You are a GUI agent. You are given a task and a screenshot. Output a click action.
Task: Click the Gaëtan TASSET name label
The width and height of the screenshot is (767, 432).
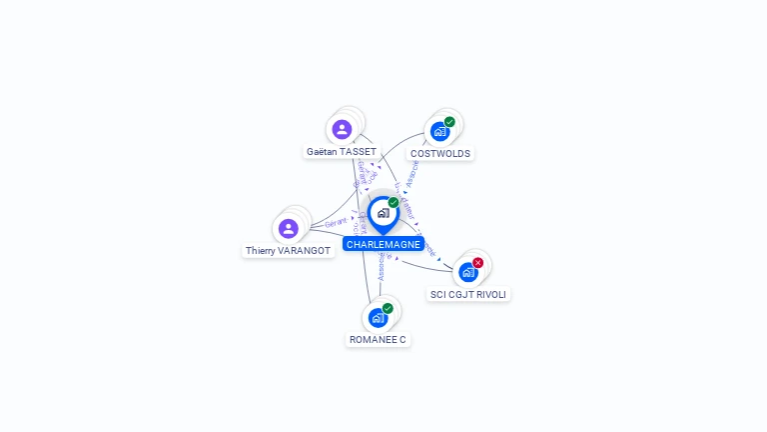tap(342, 152)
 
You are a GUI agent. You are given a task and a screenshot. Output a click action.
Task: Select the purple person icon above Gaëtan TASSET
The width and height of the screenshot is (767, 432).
tap(342, 129)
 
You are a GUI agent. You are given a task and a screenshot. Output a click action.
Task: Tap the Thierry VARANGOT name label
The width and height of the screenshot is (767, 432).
tap(289, 251)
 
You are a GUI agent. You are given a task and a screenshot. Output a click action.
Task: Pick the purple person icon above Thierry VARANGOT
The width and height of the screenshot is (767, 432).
tap(289, 229)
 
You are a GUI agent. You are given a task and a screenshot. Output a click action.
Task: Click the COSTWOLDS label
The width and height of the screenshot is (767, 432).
tap(440, 154)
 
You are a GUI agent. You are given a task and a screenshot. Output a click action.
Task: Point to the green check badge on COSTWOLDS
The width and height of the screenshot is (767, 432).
tap(449, 122)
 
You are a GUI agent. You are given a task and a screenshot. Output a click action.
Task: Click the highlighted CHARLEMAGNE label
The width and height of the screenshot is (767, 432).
tap(383, 244)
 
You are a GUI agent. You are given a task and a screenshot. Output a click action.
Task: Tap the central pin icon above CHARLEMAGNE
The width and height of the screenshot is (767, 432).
tap(383, 213)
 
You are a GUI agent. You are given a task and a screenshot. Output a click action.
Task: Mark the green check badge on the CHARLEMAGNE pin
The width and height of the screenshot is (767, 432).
tap(393, 203)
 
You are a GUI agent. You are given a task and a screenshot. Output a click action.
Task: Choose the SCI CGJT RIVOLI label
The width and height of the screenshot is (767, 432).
tap(468, 294)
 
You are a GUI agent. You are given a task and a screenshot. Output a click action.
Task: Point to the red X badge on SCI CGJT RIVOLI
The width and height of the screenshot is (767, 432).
tap(477, 262)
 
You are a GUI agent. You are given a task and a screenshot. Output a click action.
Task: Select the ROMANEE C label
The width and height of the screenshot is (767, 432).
tap(378, 340)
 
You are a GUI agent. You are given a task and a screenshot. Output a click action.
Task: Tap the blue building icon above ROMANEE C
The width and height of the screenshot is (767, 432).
tap(377, 318)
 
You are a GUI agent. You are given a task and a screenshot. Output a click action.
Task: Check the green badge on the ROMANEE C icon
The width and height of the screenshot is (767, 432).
tap(387, 308)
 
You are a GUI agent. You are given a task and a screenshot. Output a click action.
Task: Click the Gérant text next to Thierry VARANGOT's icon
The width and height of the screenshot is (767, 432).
tap(336, 222)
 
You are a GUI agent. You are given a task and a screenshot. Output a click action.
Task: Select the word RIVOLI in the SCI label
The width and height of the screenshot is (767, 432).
tap(490, 294)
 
